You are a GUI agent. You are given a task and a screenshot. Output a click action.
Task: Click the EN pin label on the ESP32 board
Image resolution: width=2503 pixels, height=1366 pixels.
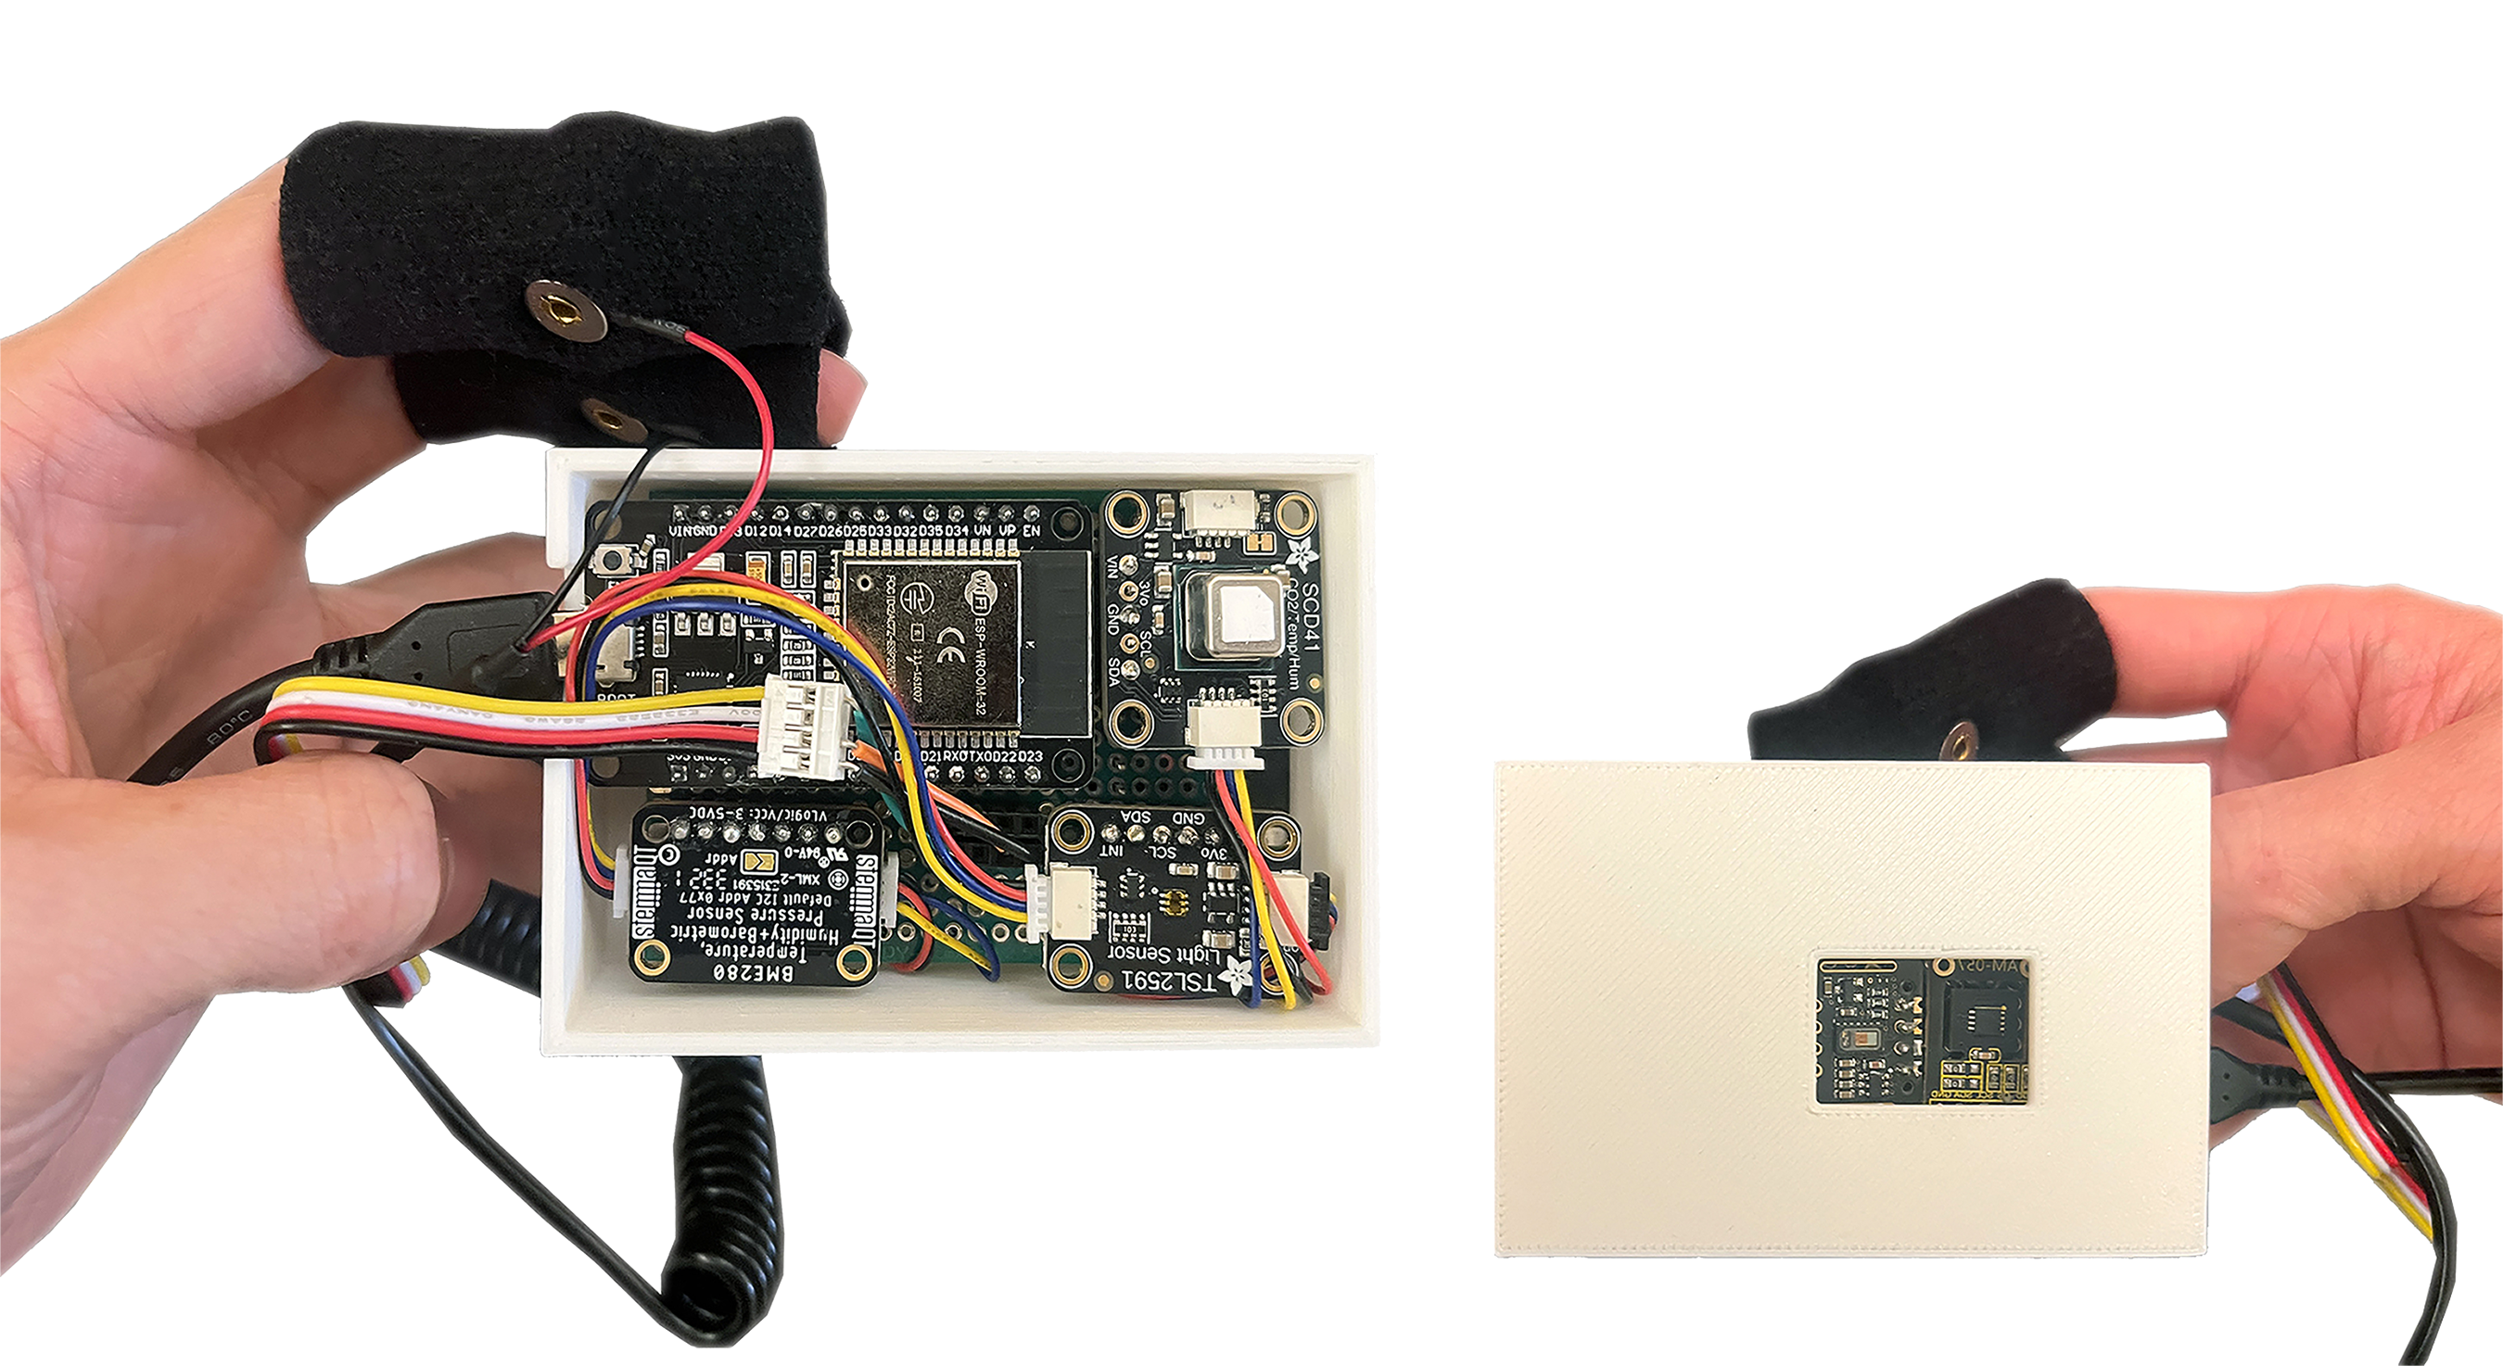coord(1031,531)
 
